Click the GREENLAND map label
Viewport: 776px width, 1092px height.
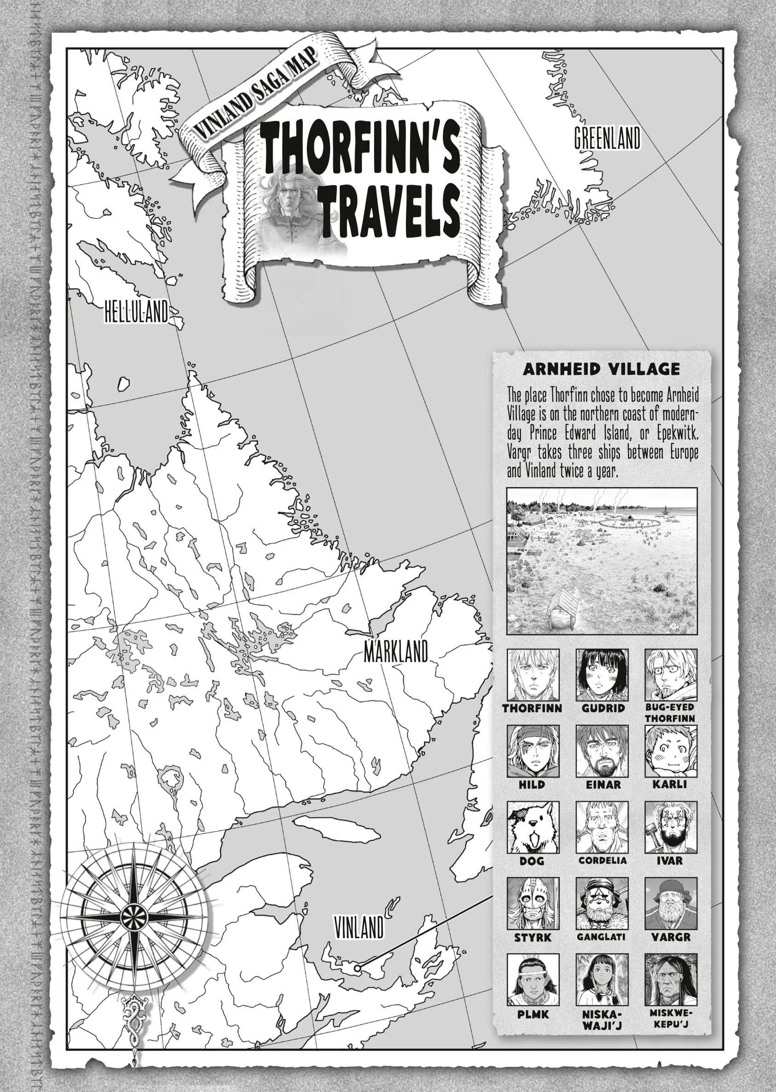pos(607,139)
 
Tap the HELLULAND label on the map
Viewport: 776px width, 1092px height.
pos(137,313)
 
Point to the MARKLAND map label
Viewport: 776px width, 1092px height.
pos(396,652)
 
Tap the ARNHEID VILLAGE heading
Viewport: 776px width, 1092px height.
pos(602,369)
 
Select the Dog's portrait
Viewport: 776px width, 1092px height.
pos(533,828)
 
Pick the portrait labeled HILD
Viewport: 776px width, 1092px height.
pos(533,751)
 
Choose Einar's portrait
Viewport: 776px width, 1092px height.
pos(602,751)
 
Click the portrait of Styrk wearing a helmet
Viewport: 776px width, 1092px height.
pos(533,904)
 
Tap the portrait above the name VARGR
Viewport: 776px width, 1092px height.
pos(671,904)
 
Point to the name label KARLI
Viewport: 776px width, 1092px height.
pos(671,785)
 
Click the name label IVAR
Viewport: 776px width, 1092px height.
pos(671,861)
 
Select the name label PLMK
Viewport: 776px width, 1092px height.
pos(533,1015)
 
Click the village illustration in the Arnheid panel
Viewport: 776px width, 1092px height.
pos(602,561)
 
